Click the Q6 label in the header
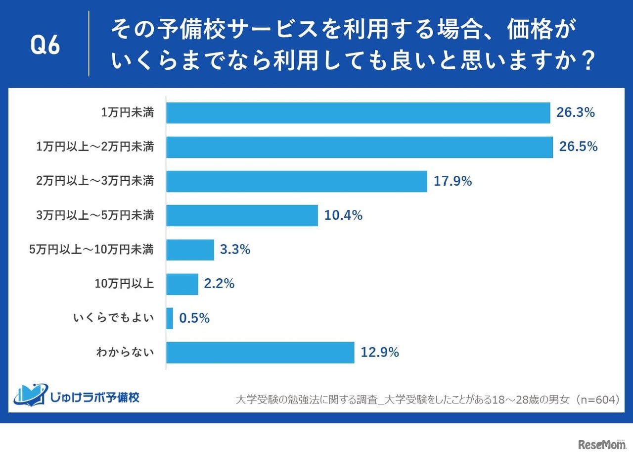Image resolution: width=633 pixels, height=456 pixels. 45,46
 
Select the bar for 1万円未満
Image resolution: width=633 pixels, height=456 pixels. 358,113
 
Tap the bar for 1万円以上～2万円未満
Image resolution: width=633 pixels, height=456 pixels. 360,147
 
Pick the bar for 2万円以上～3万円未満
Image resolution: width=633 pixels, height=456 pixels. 297,181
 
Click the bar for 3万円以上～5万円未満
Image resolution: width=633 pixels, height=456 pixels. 242,215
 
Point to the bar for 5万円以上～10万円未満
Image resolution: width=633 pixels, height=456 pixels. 190,250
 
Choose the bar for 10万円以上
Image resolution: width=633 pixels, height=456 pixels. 182,284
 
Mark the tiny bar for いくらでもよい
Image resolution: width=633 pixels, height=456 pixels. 170,318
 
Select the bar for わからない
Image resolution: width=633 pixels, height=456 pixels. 260,353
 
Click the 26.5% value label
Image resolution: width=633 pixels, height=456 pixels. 578,147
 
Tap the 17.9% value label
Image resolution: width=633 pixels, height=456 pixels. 452,181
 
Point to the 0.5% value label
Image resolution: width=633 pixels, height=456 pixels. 194,318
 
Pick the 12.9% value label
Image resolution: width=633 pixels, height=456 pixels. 380,353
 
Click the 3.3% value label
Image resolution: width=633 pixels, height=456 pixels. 235,250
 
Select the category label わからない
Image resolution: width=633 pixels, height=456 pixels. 125,353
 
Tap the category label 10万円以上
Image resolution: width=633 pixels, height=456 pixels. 124,284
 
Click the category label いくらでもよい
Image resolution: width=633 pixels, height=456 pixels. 113,318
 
